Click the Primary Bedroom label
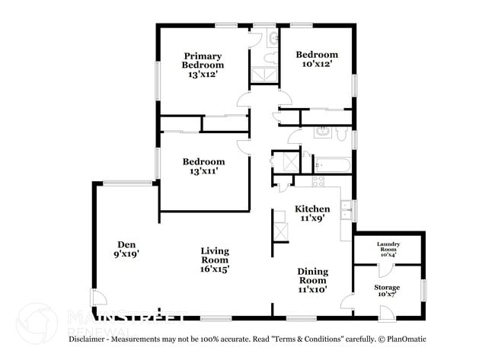[203, 65]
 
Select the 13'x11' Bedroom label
[203, 167]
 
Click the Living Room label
[215, 259]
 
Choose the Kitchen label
[312, 213]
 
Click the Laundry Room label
[388, 248]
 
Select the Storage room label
[387, 292]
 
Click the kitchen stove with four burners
[318, 181]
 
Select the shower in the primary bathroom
[265, 75]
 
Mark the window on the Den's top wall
[127, 182]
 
